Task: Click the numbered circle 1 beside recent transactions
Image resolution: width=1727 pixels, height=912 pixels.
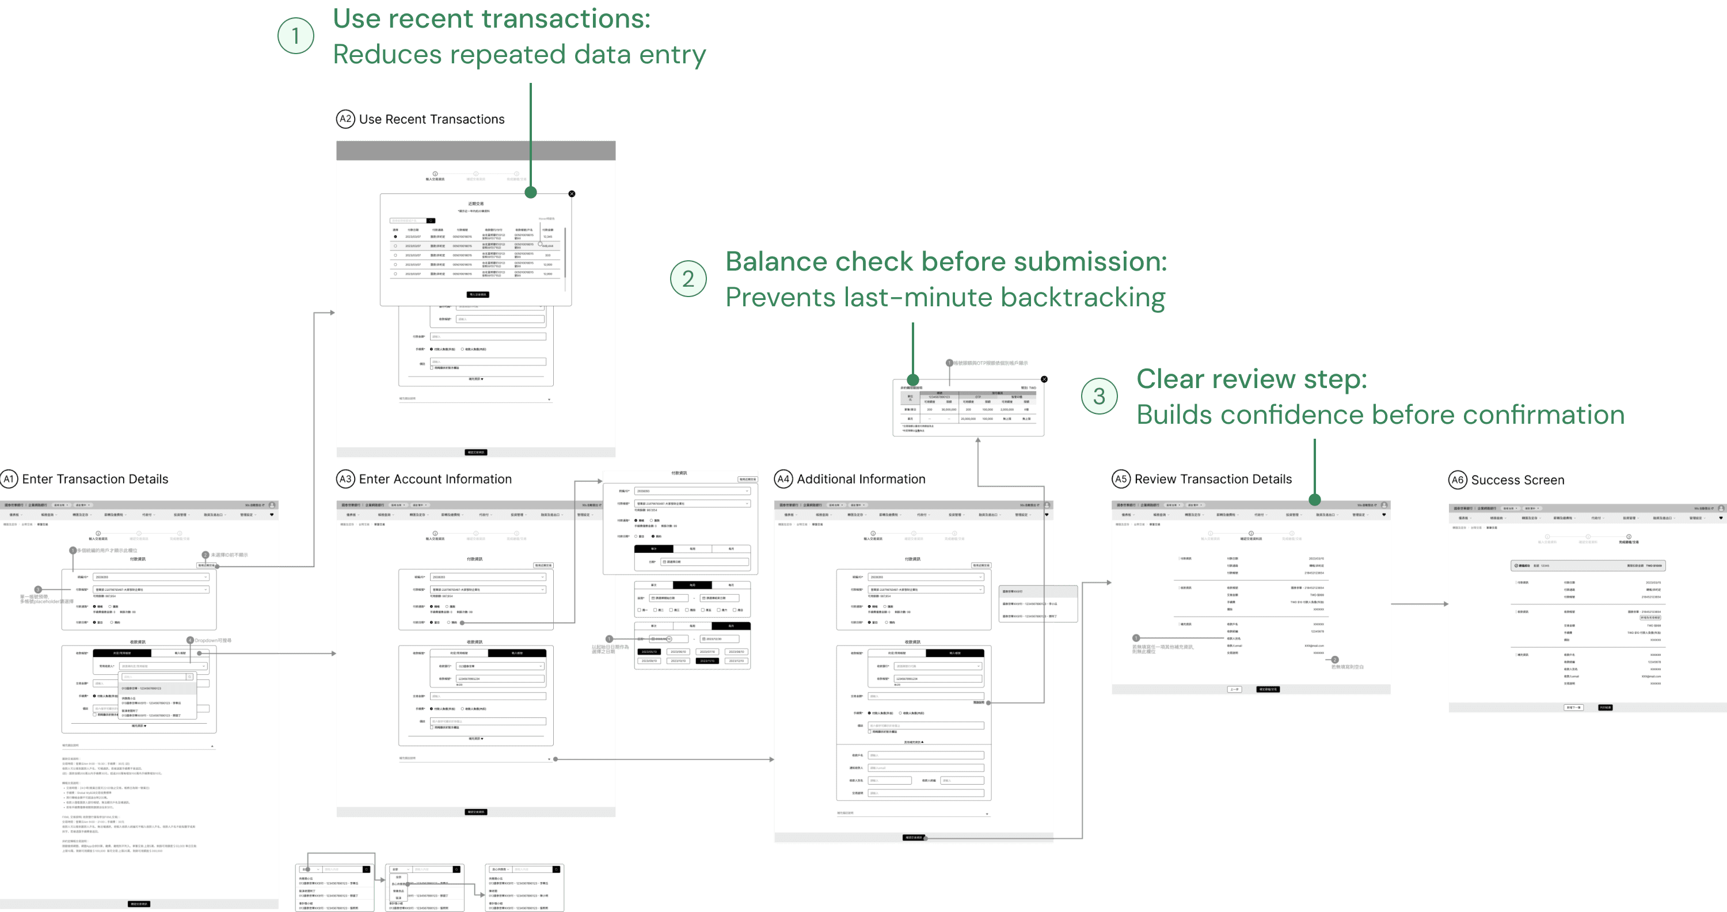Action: click(296, 36)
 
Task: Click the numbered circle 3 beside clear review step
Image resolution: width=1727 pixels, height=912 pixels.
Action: click(1099, 396)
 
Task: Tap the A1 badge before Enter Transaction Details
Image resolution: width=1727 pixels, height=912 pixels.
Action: click(9, 479)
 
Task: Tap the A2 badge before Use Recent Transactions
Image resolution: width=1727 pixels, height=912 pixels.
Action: click(345, 119)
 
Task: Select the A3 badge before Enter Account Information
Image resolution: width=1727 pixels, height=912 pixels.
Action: click(345, 479)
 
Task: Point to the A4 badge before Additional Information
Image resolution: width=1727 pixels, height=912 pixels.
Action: click(783, 479)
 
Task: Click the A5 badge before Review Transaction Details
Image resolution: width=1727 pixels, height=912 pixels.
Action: click(1121, 479)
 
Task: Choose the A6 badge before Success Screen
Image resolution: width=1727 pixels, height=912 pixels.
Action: click(1458, 480)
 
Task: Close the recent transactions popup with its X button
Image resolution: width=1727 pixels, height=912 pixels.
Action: click(572, 194)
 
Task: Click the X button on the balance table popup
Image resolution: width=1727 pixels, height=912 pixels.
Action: click(1044, 379)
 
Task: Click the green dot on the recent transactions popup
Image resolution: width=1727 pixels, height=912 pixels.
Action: click(531, 192)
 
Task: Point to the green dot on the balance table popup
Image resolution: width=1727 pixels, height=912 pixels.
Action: click(912, 380)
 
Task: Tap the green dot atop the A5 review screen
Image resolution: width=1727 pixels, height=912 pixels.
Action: click(1315, 500)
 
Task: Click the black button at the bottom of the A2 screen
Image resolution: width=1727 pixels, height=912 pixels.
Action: click(476, 453)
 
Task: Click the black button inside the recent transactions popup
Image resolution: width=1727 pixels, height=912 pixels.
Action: click(478, 294)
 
